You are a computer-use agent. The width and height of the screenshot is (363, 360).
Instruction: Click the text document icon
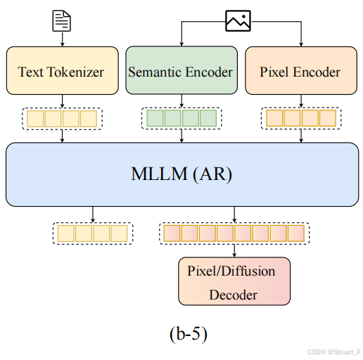pyautogui.click(x=61, y=21)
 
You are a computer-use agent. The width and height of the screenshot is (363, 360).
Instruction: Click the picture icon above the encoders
pyautogui.click(x=238, y=20)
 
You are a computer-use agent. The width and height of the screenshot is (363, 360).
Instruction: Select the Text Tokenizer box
pyautogui.click(x=63, y=70)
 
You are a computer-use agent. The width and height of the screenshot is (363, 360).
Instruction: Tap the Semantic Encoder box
pyautogui.click(x=181, y=70)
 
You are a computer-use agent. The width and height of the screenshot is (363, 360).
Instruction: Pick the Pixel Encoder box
pyautogui.click(x=301, y=70)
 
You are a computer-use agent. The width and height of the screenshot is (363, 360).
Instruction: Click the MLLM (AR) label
pyautogui.click(x=181, y=174)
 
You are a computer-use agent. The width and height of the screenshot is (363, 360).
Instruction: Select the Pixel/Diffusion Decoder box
pyautogui.click(x=234, y=281)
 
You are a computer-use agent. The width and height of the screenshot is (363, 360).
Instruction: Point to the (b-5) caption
pyautogui.click(x=189, y=334)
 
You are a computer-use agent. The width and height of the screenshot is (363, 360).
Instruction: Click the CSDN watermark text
pyautogui.click(x=333, y=352)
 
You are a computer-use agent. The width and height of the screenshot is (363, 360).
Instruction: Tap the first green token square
pyautogui.click(x=155, y=118)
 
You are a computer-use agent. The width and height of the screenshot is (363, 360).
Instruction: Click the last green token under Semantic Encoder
pyautogui.click(x=208, y=118)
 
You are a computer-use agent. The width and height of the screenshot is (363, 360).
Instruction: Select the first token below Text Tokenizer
pyautogui.click(x=35, y=119)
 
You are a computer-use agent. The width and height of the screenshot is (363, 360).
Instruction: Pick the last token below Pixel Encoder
pyautogui.click(x=328, y=118)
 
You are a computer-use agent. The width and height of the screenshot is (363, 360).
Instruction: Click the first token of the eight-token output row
pyautogui.click(x=172, y=233)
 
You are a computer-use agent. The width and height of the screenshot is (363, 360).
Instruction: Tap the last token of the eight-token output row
pyautogui.click(x=296, y=233)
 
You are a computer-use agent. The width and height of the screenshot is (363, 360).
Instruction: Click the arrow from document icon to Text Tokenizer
pyautogui.click(x=63, y=39)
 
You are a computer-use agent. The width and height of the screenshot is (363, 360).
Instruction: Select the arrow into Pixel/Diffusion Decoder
pyautogui.click(x=234, y=251)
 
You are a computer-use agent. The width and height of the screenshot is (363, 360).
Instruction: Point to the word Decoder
pyautogui.click(x=233, y=295)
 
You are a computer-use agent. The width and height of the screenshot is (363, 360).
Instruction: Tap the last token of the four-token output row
pyautogui.click(x=119, y=233)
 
